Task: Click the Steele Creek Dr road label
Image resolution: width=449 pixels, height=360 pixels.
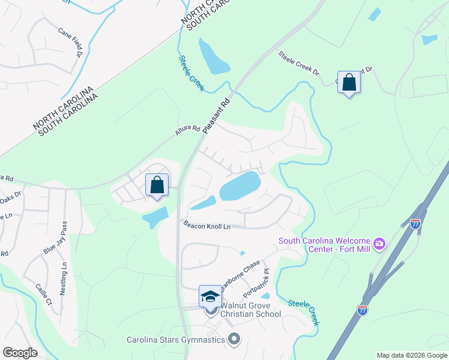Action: [298, 63]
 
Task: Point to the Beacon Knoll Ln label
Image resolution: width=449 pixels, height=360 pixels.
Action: [207, 226]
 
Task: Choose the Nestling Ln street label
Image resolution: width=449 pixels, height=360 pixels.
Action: [64, 278]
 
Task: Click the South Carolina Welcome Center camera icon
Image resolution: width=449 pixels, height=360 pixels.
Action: [379, 244]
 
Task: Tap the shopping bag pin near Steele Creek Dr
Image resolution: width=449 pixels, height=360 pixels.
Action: [349, 83]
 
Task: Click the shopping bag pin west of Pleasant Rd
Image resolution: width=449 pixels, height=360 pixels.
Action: [157, 185]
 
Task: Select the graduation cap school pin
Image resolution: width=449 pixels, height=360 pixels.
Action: [210, 296]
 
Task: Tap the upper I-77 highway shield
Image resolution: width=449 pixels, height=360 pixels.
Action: [415, 224]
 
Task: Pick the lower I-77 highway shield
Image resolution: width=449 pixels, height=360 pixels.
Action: [363, 310]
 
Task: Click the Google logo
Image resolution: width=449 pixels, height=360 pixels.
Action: [20, 353]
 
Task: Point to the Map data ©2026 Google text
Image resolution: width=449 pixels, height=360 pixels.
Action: [412, 355]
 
